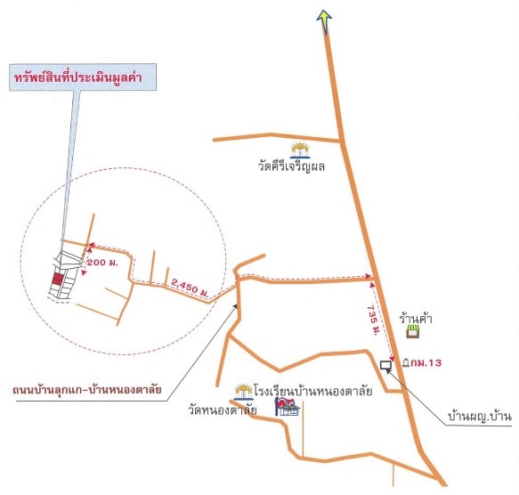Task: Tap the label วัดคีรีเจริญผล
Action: [x=291, y=166]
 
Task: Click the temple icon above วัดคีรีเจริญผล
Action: [x=300, y=150]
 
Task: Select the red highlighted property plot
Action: [x=58, y=279]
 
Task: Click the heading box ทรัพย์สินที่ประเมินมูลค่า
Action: [x=83, y=77]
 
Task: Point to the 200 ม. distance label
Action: [x=101, y=263]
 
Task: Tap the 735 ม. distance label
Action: [x=373, y=321]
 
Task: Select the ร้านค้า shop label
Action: [x=416, y=319]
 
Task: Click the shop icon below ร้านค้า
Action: [x=413, y=331]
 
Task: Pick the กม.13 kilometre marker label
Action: [x=426, y=363]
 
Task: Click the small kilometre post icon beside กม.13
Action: [x=406, y=363]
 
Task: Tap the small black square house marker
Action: [x=385, y=365]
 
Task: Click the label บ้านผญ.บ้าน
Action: [x=480, y=416]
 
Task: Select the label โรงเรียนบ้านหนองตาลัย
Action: [x=313, y=391]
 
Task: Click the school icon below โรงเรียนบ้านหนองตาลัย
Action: [x=287, y=407]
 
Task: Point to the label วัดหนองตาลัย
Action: [x=223, y=410]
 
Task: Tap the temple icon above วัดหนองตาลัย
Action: [x=244, y=392]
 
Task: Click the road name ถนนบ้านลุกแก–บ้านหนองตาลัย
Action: [x=87, y=390]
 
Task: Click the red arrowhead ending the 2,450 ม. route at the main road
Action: [x=368, y=276]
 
